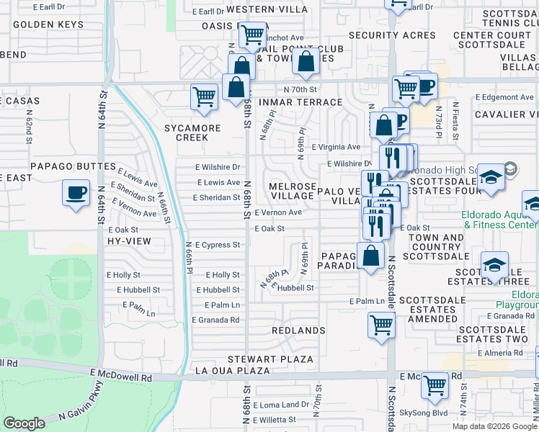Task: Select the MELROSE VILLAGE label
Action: click(x=292, y=191)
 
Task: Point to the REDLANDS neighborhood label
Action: click(x=299, y=330)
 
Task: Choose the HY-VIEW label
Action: click(x=125, y=243)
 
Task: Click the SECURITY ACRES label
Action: click(x=392, y=35)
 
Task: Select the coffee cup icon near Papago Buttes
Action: click(x=76, y=194)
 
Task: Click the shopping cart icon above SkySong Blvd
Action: click(x=435, y=386)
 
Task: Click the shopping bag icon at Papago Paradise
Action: click(x=371, y=256)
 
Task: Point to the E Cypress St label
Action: click(x=217, y=245)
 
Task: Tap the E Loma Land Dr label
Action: click(x=284, y=405)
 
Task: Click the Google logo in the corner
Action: click(x=24, y=423)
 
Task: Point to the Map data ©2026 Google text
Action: click(x=494, y=426)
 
